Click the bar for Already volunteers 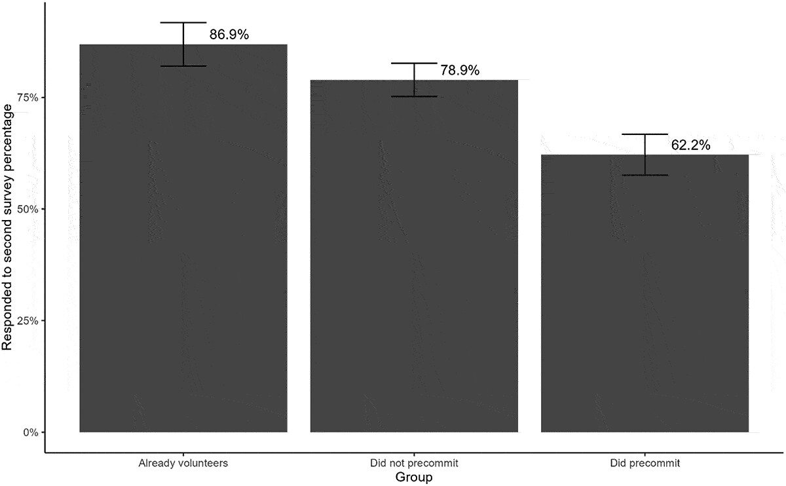pos(183,249)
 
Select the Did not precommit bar pos(414,262)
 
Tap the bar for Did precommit pos(645,295)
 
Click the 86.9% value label pos(229,35)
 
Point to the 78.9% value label pos(460,71)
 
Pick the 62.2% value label pos(690,145)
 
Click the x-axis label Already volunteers pos(183,464)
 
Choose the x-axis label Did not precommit pos(414,464)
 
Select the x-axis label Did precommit pos(645,464)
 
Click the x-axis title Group pos(414,477)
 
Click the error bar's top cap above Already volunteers pos(183,23)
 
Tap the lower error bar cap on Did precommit pos(645,175)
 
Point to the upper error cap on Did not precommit pos(414,63)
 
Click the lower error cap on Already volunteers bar pos(183,66)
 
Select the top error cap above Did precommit pos(645,134)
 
